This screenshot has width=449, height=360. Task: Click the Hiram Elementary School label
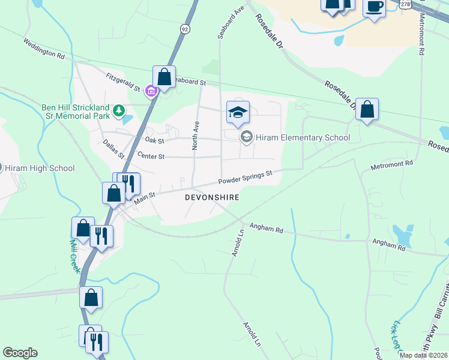[303, 137]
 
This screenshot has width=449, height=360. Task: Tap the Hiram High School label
[40, 169]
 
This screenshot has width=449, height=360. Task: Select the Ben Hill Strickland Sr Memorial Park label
[76, 111]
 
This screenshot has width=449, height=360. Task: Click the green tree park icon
[119, 110]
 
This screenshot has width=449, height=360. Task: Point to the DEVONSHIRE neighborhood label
[212, 197]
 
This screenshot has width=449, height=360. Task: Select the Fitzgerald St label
[122, 82]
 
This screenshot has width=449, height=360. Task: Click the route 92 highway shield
[184, 29]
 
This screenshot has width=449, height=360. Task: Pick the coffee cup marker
[374, 7]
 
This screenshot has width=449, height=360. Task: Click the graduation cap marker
[238, 112]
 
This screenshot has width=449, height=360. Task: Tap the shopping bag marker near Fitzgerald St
[164, 77]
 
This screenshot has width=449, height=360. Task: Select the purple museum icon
[150, 91]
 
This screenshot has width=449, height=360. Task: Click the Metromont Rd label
[392, 163]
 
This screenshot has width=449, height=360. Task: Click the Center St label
[151, 157]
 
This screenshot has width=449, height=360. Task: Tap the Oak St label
[154, 140]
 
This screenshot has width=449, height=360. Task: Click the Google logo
[20, 353]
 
